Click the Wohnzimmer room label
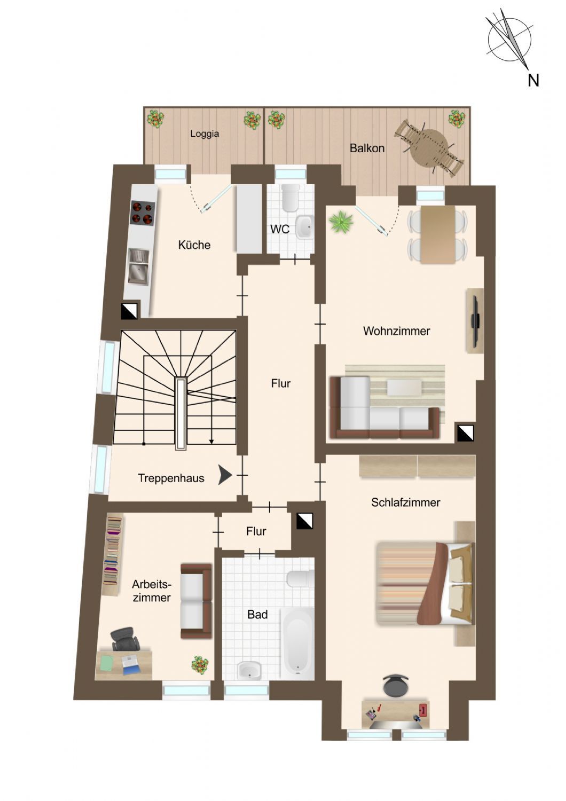click(396, 331)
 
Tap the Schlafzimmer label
click(405, 502)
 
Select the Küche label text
click(194, 245)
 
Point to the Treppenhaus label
click(171, 478)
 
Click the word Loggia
click(205, 133)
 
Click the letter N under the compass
click(533, 81)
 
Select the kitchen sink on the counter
click(138, 266)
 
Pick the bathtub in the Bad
click(297, 643)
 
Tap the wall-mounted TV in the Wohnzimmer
click(476, 321)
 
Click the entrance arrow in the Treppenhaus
click(225, 475)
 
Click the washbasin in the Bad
click(249, 670)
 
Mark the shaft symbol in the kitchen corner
click(129, 311)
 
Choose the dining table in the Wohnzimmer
click(438, 234)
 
